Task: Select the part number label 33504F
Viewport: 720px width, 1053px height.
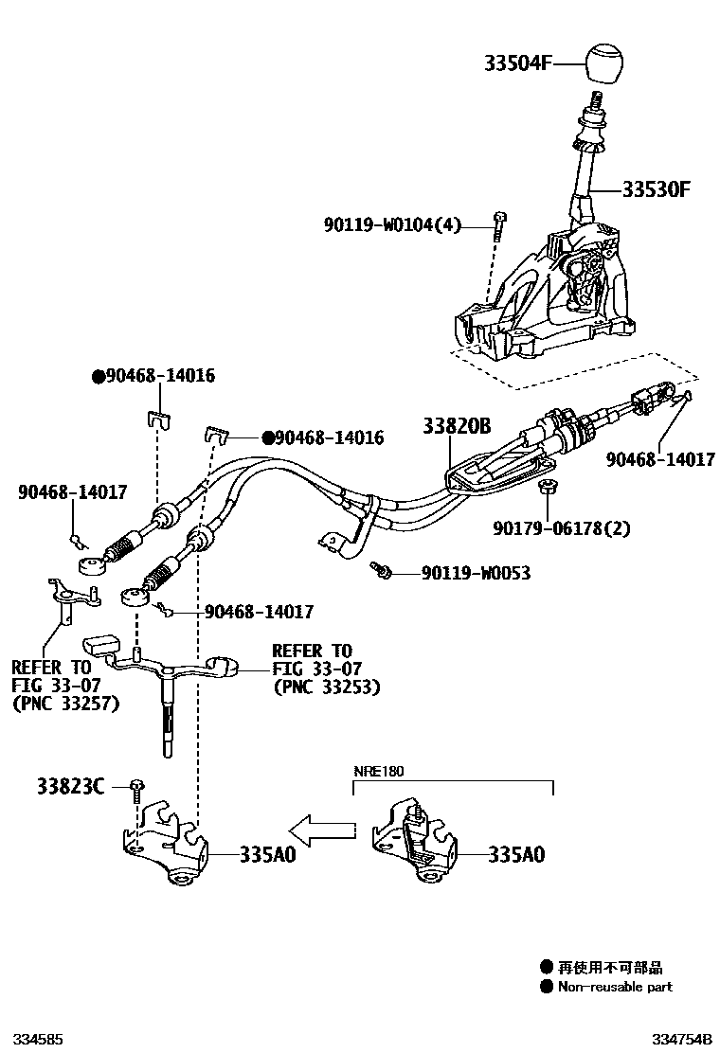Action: (518, 63)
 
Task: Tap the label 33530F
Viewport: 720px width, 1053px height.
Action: (656, 189)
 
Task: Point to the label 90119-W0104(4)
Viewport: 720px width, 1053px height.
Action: (391, 225)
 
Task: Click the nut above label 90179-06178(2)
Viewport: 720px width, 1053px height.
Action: (545, 489)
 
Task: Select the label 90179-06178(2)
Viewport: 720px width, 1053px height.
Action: (561, 527)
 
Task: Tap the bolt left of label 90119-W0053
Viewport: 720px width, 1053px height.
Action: (381, 570)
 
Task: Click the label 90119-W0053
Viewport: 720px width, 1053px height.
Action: (476, 573)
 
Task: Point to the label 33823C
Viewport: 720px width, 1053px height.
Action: (71, 786)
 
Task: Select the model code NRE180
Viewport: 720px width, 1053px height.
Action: (379, 772)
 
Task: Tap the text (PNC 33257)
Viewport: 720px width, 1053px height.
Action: (65, 704)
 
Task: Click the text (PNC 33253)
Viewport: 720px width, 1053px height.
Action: (326, 687)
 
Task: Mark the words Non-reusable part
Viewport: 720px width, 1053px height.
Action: (615, 987)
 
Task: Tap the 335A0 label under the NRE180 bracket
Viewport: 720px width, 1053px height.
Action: (516, 854)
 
